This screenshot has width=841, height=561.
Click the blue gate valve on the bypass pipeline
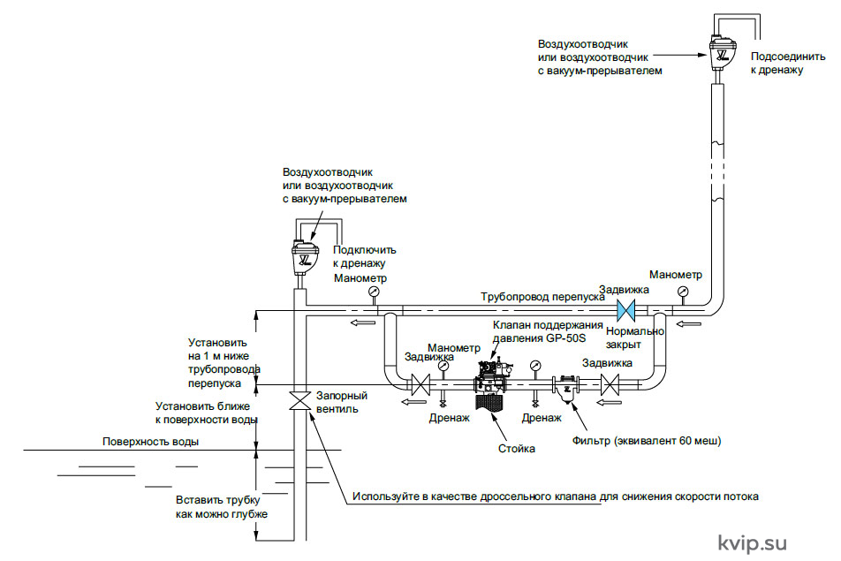(x=625, y=310)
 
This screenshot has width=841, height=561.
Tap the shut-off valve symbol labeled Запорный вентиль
(x=299, y=400)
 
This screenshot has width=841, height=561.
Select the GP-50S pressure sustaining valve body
(x=493, y=376)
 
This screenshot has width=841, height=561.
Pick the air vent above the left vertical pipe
(x=305, y=256)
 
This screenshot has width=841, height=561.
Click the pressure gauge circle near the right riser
(x=683, y=292)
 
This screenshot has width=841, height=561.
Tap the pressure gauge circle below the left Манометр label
(x=374, y=292)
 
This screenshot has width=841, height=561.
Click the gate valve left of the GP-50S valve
(x=420, y=384)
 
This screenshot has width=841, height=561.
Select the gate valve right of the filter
(x=610, y=384)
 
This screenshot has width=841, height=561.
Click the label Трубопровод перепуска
(x=542, y=297)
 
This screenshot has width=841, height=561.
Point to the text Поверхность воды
(x=151, y=442)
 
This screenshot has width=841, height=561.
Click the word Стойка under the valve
(x=517, y=449)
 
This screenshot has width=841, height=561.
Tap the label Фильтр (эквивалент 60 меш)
(x=647, y=441)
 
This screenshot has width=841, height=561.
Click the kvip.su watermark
(x=752, y=544)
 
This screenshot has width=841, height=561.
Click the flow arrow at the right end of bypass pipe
(x=689, y=323)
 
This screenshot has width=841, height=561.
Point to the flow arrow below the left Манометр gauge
(x=363, y=322)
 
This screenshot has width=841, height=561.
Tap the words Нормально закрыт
(x=634, y=337)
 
